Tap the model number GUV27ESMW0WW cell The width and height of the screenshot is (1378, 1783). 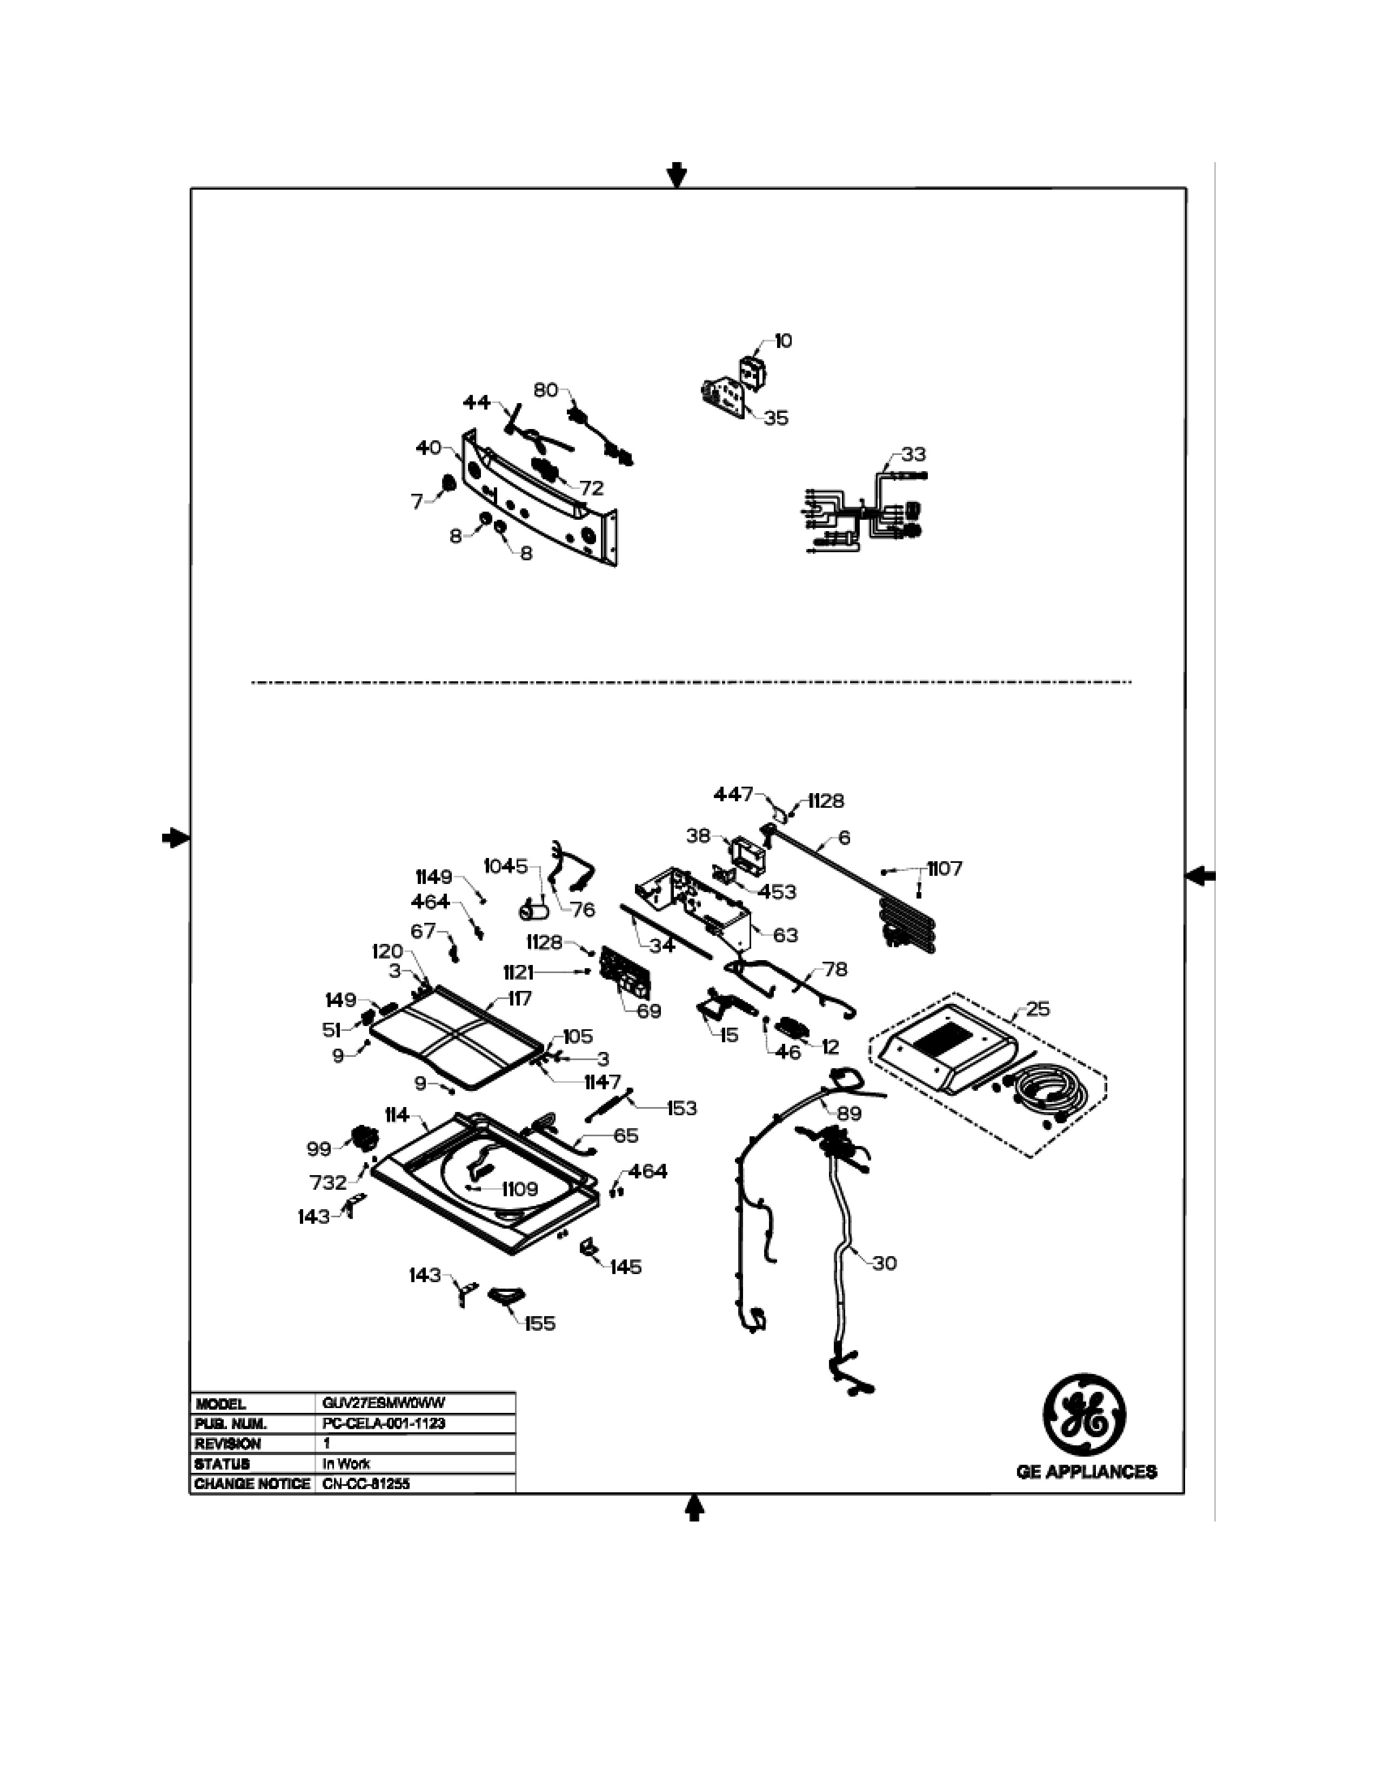384,1403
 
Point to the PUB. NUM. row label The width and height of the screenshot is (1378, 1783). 232,1424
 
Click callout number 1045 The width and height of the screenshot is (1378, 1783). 506,866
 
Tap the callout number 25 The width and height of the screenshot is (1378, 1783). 1038,1009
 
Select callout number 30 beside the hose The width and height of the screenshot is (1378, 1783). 884,1263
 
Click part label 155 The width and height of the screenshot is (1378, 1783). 540,1323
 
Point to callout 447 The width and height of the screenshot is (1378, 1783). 733,794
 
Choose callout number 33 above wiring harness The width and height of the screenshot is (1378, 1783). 913,455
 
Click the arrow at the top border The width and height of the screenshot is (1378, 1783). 677,173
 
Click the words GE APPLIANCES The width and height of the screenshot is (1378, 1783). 1086,1471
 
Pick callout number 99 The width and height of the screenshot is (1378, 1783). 319,1149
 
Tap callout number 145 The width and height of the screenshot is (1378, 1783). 625,1267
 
